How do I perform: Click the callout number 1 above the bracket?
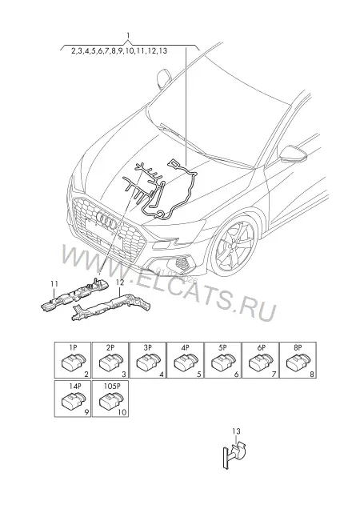(128, 35)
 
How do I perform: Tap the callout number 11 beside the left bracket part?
(54, 284)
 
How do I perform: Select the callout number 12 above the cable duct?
(120, 283)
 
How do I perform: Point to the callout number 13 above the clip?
(236, 431)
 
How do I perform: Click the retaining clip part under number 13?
(234, 453)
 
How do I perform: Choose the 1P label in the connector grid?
(73, 347)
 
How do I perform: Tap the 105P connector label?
(112, 387)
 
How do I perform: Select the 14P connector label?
(74, 387)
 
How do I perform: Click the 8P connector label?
(298, 347)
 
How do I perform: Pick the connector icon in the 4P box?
(186, 363)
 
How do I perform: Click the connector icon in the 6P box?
(260, 363)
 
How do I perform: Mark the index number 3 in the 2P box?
(124, 375)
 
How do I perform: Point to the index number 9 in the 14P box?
(86, 412)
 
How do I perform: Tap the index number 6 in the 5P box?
(236, 375)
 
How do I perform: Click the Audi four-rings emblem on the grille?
(106, 218)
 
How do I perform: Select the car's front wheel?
(234, 246)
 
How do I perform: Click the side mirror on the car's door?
(293, 154)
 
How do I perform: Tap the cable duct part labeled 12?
(112, 306)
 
